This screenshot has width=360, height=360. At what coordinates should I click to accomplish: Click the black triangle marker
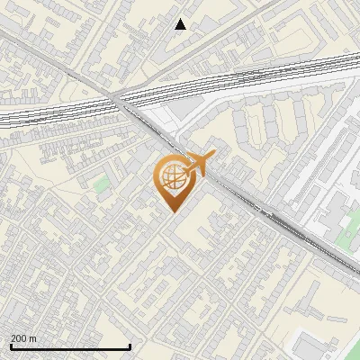pos(181,24)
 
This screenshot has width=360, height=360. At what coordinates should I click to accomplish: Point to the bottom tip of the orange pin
pos(172,211)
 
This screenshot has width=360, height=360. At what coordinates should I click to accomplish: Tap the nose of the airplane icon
pos(212,157)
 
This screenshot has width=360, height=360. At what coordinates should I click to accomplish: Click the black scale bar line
pos(70,346)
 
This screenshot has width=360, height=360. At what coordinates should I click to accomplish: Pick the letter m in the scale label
pos(33,338)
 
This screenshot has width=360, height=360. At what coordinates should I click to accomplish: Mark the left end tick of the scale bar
pos(10,345)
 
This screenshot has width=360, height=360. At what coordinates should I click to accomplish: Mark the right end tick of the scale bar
pos(130,345)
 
